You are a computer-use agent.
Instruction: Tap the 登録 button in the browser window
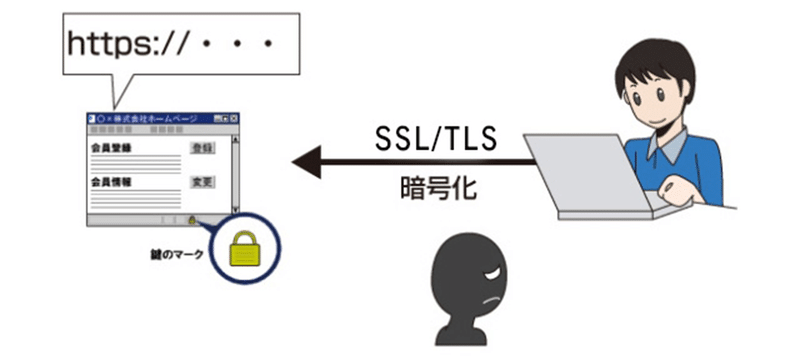pos(202,147)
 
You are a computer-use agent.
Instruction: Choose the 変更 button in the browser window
pos(202,182)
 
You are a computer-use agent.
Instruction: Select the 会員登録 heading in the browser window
pos(110,147)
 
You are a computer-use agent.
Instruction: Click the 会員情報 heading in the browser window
pos(110,182)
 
